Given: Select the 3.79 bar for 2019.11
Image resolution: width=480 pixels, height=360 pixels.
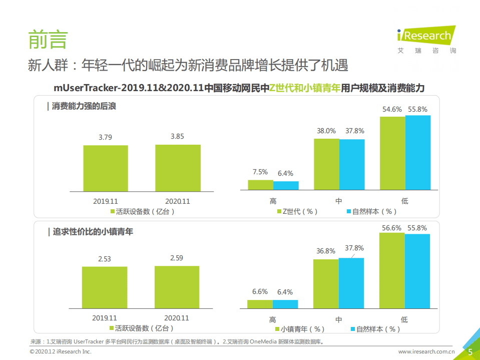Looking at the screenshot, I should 106,168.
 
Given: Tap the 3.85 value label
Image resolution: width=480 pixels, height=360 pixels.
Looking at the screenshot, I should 178,136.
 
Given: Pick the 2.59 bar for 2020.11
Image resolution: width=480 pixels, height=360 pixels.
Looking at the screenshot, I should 177,287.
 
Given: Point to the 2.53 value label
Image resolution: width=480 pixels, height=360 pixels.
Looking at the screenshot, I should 105,258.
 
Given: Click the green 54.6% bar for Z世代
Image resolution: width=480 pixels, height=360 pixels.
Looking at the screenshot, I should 392,153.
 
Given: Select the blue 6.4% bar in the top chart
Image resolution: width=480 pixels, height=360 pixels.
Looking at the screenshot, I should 286,186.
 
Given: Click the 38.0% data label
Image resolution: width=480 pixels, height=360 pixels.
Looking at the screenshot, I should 326,131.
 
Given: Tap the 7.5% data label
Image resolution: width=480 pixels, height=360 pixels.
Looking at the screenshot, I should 260,172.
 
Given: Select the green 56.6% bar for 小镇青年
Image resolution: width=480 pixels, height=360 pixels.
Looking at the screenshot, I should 392,271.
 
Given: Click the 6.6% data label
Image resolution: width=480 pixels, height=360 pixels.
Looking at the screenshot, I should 260,292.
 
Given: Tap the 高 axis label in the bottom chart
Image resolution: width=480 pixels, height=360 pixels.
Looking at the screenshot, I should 272,319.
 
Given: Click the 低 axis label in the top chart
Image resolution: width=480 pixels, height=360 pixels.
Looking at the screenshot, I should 404,201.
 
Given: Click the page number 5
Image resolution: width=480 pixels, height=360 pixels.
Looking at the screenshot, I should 469,352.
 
